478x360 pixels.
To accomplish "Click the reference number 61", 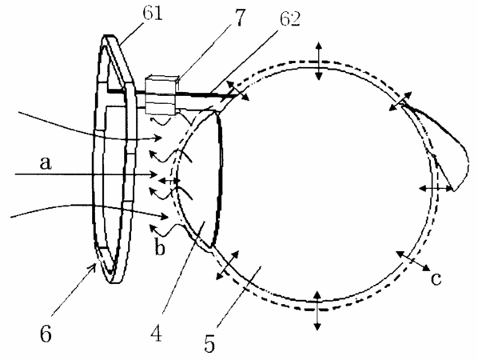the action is (153, 14).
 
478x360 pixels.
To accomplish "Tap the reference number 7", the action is (240, 17).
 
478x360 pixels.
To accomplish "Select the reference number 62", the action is (290, 19).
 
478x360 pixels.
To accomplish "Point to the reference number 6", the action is (46, 334).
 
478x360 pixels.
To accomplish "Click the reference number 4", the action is (157, 333).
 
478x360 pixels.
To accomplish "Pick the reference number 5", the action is (209, 344).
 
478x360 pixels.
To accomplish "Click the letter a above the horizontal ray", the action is (46, 163).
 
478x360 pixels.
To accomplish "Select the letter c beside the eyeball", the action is (436, 279).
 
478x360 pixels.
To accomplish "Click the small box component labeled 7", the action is (161, 94).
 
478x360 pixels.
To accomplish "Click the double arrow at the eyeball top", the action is (319, 61).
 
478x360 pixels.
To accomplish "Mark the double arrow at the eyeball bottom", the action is (317, 310).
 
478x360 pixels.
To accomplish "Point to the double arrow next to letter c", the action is (413, 261).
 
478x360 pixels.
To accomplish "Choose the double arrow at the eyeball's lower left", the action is (228, 265).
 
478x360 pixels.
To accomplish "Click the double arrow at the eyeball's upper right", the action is (401, 101).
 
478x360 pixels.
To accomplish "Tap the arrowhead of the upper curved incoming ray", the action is (157, 138).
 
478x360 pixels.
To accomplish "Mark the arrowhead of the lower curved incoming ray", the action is (164, 217).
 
